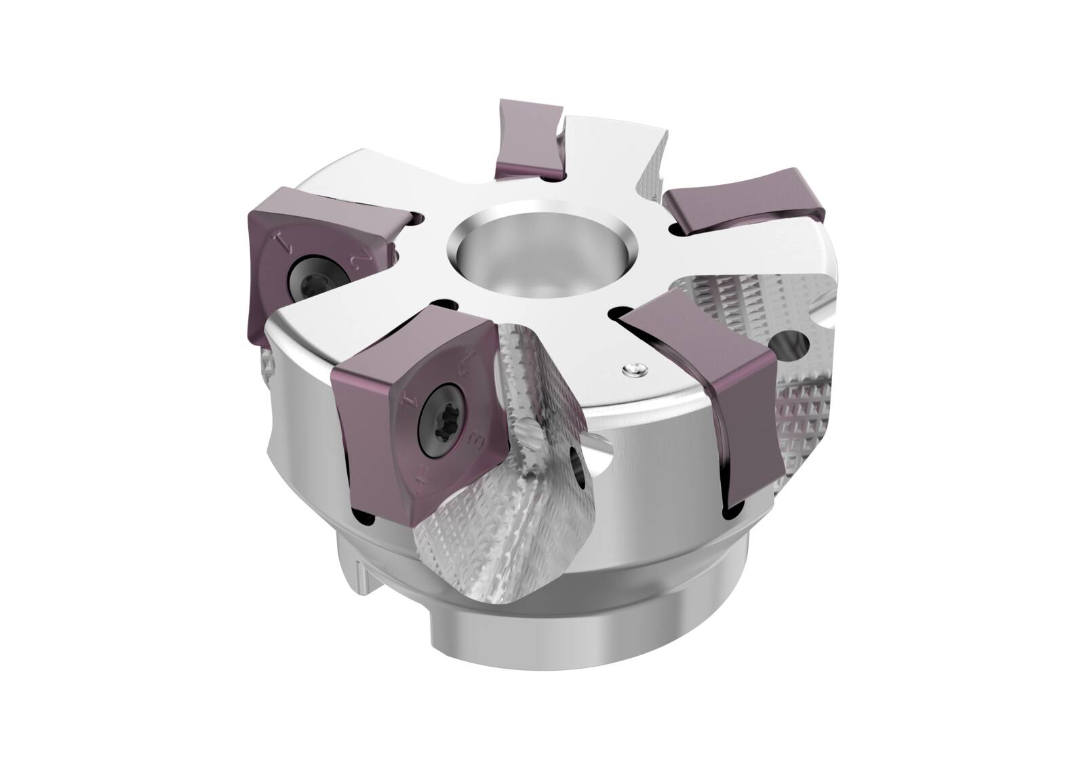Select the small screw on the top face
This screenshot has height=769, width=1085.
633,368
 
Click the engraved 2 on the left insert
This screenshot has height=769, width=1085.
360,259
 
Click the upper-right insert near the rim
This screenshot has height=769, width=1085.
746,202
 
